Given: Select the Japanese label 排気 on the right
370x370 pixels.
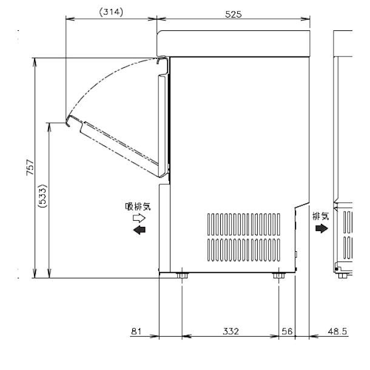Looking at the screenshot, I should [320, 215].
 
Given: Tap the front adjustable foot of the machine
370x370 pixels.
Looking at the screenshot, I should [182, 277].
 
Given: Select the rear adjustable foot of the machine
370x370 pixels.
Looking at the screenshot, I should [279, 277].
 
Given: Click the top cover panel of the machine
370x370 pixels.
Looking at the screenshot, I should [234, 42].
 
